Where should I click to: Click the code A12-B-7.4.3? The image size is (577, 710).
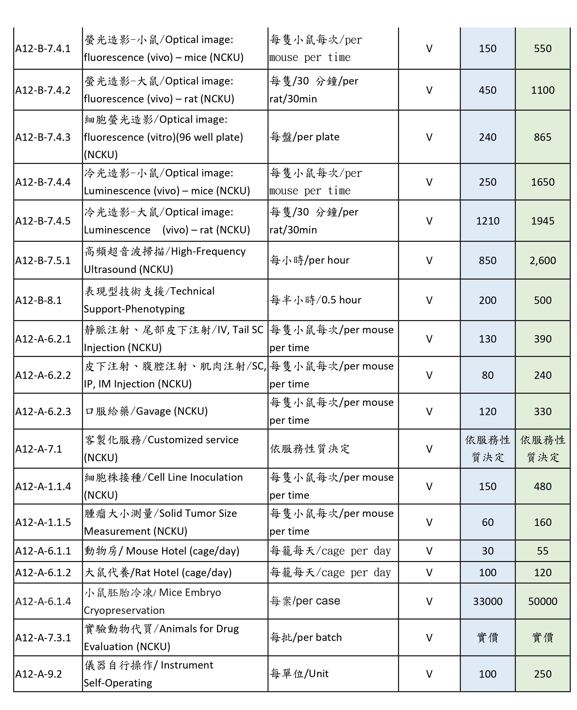point(43,137)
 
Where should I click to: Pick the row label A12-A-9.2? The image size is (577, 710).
point(39,674)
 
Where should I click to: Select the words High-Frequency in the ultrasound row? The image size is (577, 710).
point(208,251)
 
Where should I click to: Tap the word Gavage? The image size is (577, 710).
point(153,411)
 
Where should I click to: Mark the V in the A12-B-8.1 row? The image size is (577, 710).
point(429,300)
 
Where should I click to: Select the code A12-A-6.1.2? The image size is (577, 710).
point(43,572)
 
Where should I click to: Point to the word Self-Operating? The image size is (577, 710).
point(118,683)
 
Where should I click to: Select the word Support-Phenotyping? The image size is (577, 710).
point(134,309)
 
